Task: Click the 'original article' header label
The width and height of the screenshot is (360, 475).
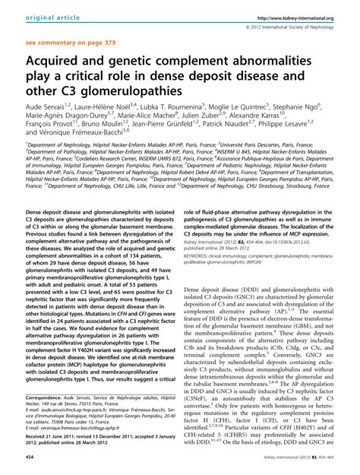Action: [35, 17]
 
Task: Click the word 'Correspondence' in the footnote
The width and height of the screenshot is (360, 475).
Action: [48, 397]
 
